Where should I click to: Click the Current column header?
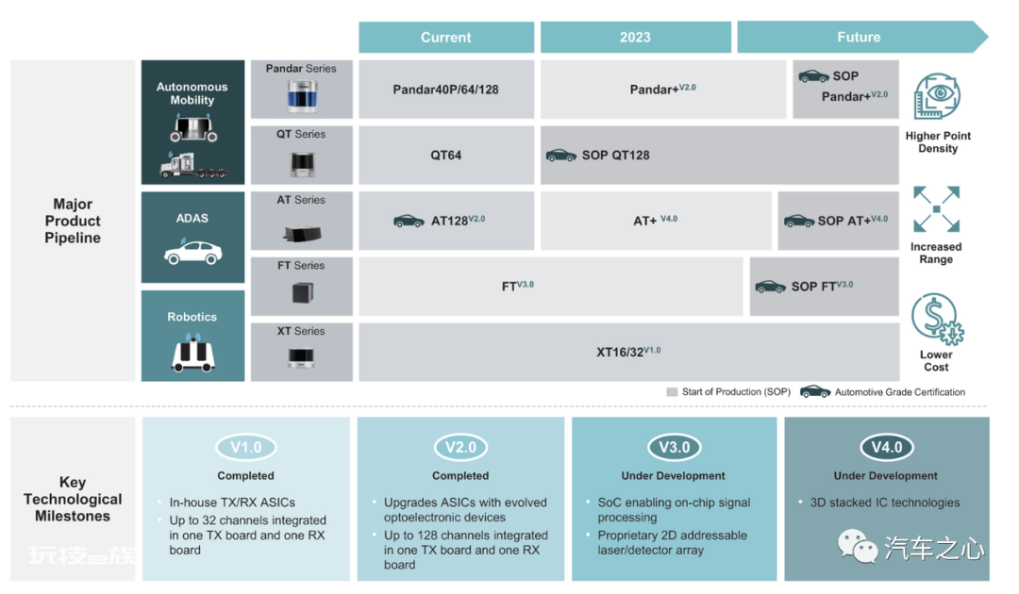point(445,37)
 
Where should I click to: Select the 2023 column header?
point(635,37)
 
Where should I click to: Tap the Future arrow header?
point(861,37)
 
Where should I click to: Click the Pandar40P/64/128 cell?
point(445,90)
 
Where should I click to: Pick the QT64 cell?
point(445,156)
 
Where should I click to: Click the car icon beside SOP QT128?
point(560,156)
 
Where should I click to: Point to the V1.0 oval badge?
point(245,447)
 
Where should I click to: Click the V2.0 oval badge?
point(460,447)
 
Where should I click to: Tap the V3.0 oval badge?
point(674,447)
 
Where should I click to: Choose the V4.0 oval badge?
point(886,447)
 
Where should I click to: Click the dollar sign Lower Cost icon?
point(937,319)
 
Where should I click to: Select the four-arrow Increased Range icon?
point(937,209)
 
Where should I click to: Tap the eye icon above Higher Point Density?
point(937,96)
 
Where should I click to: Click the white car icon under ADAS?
point(193,252)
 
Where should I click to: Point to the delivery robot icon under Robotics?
point(193,354)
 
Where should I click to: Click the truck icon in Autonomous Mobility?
point(193,166)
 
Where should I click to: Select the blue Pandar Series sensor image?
point(302,95)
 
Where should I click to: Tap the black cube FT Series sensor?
point(302,292)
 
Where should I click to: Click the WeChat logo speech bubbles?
point(858,545)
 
